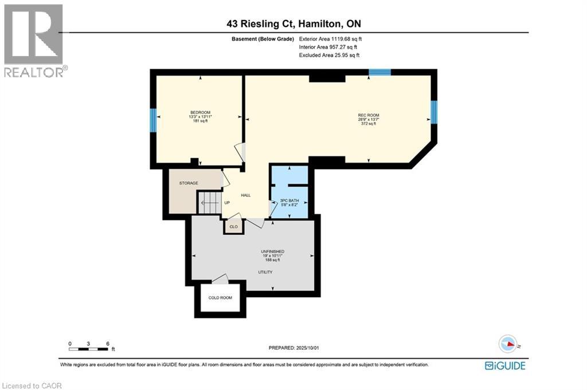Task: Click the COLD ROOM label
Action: point(221,298)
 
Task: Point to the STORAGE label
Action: point(189,183)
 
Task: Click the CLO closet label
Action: point(233,227)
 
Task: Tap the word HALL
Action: point(246,195)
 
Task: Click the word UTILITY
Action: point(265,272)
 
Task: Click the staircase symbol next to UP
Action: point(209,202)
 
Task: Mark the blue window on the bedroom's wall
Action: point(153,120)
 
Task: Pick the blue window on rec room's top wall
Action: point(379,72)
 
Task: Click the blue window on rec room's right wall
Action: point(433,112)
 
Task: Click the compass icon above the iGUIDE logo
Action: point(507,344)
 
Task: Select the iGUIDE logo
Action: point(504,365)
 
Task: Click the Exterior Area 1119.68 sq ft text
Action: point(330,39)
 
